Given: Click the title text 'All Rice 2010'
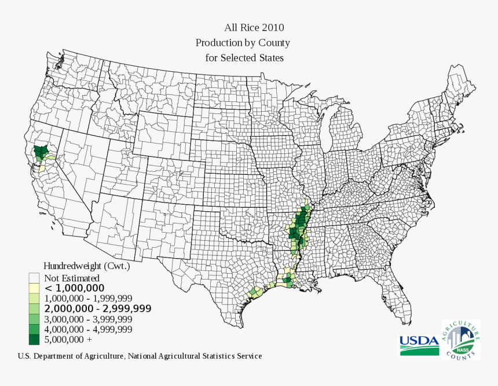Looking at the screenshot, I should pyautogui.click(x=254, y=27).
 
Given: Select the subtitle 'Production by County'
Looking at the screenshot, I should pyautogui.click(x=243, y=43).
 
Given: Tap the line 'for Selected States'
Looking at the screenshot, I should pyautogui.click(x=244, y=58).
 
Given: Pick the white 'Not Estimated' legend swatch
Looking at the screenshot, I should pyautogui.click(x=34, y=278).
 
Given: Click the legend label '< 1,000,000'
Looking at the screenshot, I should pyautogui.click(x=75, y=288).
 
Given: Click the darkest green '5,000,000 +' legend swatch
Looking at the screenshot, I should pyautogui.click(x=34, y=339).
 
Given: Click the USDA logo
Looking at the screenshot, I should pyautogui.click(x=419, y=344).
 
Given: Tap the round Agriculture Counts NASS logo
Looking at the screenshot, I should pyautogui.click(x=461, y=339).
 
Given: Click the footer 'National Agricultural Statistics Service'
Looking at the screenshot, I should pyautogui.click(x=195, y=356).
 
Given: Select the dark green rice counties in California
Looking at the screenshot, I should pyautogui.click(x=41, y=153).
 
